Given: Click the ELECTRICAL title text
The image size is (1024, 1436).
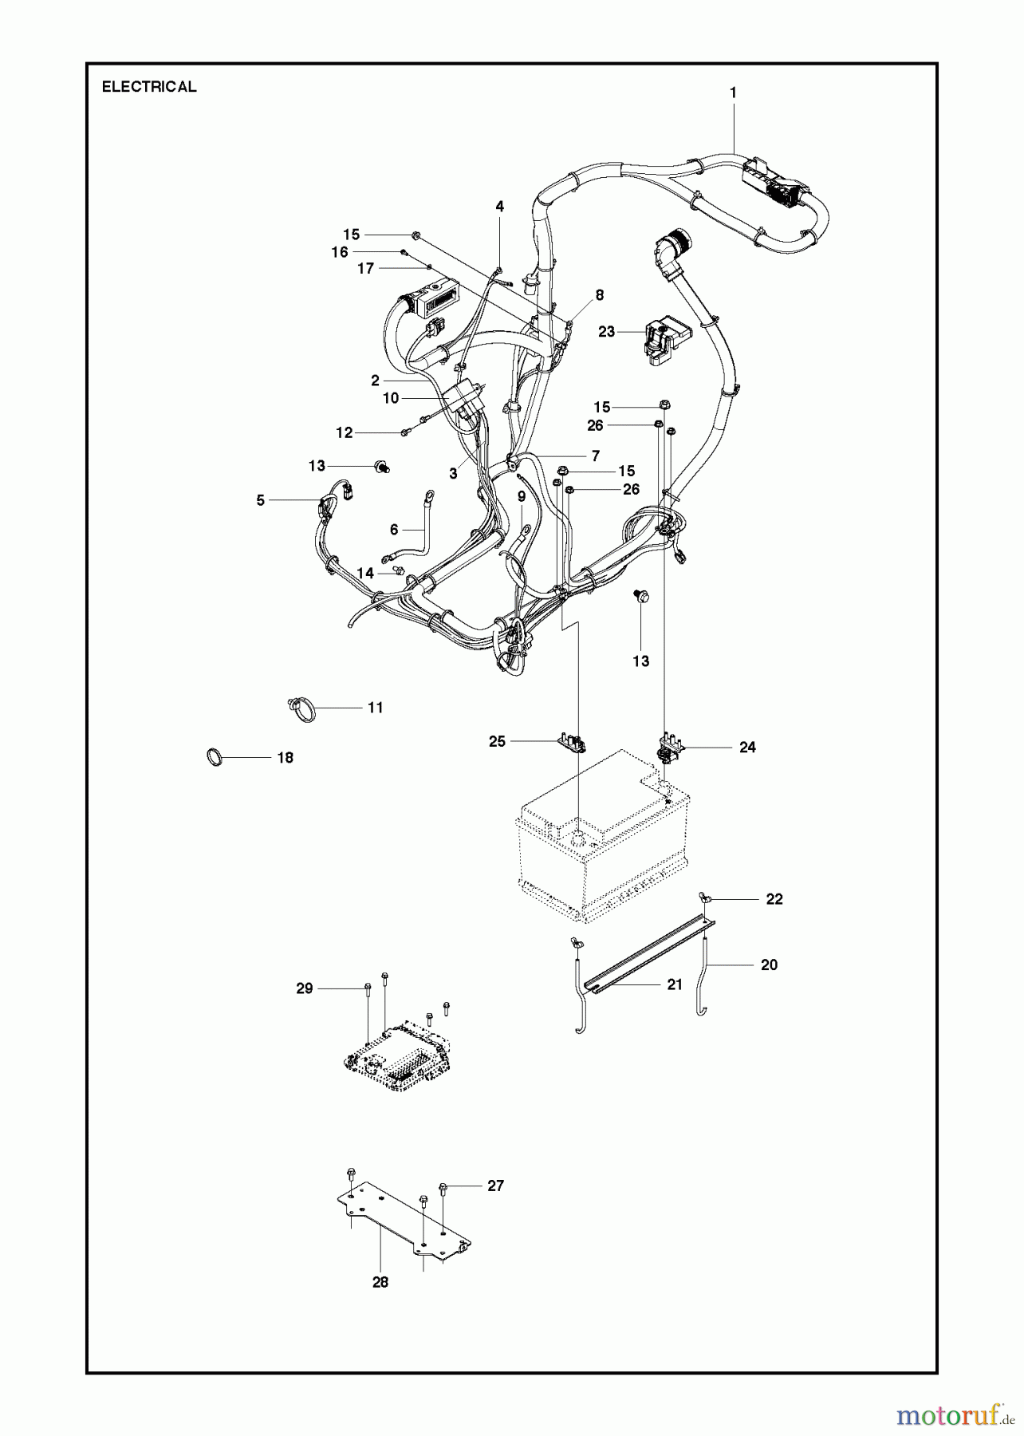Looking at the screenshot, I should pos(149,87).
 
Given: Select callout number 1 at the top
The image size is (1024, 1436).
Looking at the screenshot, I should pos(733,93).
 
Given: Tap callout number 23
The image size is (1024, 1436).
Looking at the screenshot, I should pos(607,331).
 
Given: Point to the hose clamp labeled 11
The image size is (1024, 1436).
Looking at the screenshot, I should pos(301,708).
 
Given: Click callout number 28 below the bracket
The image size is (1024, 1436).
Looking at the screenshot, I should pos(380,1281).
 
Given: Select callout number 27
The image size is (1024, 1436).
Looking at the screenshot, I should pos(495,1185).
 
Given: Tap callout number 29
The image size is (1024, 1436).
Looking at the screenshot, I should pos(305,988).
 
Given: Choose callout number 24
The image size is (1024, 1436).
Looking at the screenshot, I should pos(747,748).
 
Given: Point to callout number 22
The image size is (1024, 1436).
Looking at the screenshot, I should pos(774,899).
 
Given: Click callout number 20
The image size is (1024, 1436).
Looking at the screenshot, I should pos(769,965).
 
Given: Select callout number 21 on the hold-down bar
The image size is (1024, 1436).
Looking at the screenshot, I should pos(675,984).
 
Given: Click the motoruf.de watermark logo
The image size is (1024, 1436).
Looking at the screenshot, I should pos(950,1414).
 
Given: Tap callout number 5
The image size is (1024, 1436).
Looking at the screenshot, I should pos(261,500).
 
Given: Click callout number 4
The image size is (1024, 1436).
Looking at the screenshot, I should pos(500,207).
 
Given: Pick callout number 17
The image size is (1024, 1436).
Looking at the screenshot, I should pos(366,269).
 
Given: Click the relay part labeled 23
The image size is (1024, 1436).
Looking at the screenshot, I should pos(661,341).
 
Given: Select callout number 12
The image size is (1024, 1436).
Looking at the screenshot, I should pos(345,432).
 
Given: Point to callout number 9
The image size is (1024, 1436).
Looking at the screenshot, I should pos(522,496).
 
